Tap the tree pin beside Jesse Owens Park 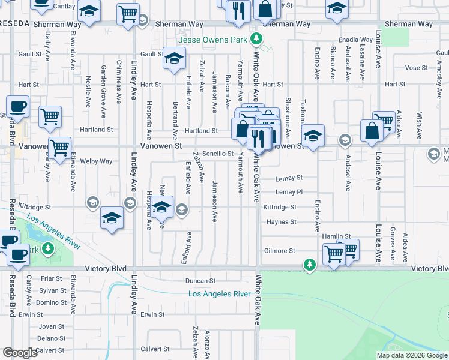pyautogui.click(x=256, y=40)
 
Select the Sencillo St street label pyautogui.click(x=217, y=154)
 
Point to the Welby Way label pyautogui.click(x=97, y=161)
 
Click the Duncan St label pyautogui.click(x=200, y=280)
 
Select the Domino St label pyautogui.click(x=51, y=302)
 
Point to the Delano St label pyautogui.click(x=51, y=338)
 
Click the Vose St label pyautogui.click(x=412, y=68)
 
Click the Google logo pyautogui.click(x=20, y=352)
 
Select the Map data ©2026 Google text pyautogui.click(x=412, y=355)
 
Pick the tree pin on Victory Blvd pyautogui.click(x=309, y=265)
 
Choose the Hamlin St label pyautogui.click(x=336, y=237)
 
